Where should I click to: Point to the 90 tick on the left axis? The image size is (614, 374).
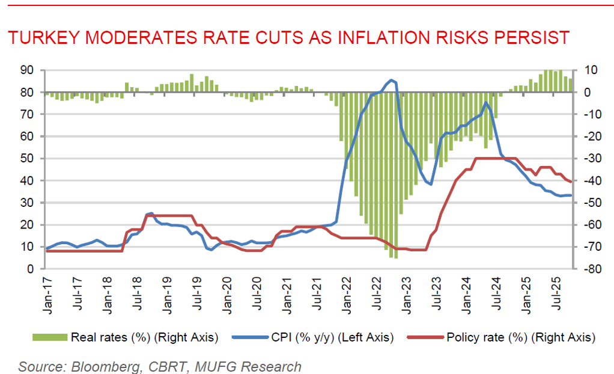tap(26, 70)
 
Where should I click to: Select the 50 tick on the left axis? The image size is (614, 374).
tap(26, 159)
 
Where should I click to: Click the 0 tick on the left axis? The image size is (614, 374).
tap(29, 269)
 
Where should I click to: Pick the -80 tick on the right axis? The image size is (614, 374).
tap(588, 269)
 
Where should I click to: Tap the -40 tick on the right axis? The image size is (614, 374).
tap(588, 180)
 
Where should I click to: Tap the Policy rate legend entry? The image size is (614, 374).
tap(520, 337)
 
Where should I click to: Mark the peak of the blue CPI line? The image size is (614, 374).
tap(392, 80)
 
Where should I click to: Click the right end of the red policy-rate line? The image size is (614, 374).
tap(571, 182)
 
